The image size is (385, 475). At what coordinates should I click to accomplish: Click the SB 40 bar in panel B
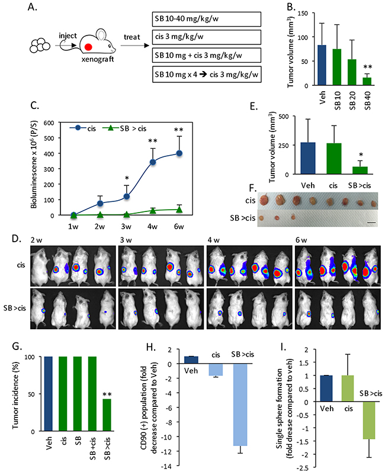(x=367, y=81)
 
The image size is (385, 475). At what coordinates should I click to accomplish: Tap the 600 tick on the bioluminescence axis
(x=57, y=123)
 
